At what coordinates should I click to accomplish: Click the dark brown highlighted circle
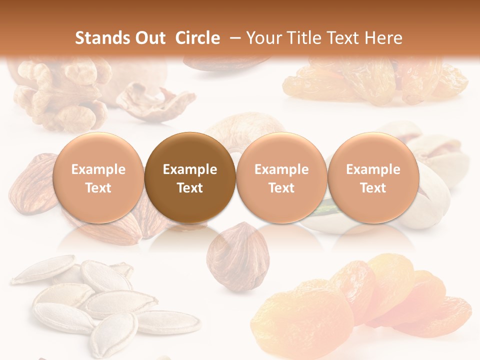click(x=190, y=177)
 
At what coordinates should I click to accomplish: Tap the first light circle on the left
click(x=98, y=177)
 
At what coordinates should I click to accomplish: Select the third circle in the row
click(x=281, y=177)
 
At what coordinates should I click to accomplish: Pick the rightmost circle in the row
click(x=373, y=177)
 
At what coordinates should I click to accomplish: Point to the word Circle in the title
click(x=197, y=38)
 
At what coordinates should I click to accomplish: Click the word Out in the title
click(x=148, y=38)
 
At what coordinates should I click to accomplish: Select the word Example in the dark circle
click(x=190, y=169)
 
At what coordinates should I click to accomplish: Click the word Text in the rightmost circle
click(x=373, y=188)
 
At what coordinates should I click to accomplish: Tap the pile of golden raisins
click(x=375, y=80)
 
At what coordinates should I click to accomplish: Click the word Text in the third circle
click(x=281, y=188)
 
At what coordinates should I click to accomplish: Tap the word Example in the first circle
click(x=98, y=169)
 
